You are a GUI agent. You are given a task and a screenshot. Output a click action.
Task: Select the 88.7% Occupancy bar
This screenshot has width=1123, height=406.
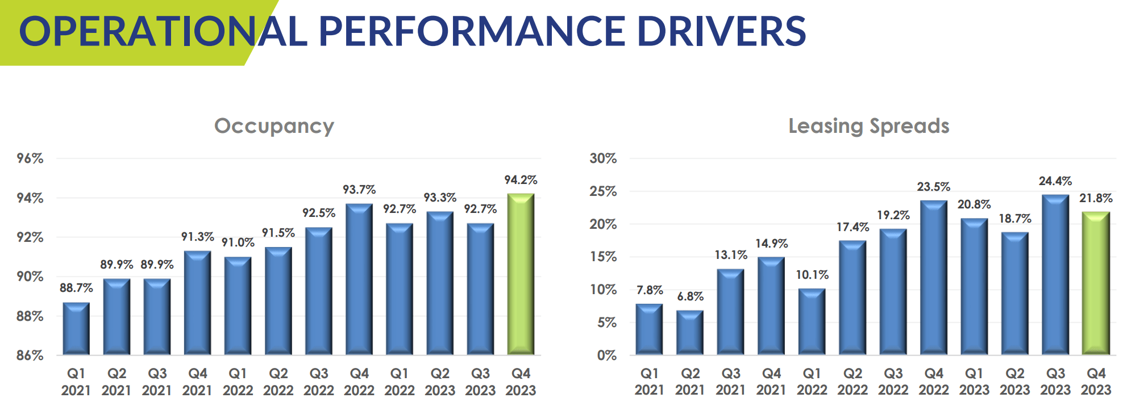click(x=76, y=329)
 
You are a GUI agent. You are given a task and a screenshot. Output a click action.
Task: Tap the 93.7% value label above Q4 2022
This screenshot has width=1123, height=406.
click(x=359, y=190)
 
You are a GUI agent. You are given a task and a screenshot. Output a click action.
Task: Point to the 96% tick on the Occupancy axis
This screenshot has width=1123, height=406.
click(x=30, y=158)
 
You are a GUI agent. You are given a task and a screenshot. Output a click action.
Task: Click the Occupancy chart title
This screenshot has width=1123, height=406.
click(x=274, y=126)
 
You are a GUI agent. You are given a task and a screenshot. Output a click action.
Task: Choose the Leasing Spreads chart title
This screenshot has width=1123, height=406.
click(x=868, y=126)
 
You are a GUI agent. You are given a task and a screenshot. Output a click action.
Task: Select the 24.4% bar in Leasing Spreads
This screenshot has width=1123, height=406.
click(x=1055, y=275)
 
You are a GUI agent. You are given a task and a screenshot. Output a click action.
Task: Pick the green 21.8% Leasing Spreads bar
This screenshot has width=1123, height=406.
click(x=1096, y=283)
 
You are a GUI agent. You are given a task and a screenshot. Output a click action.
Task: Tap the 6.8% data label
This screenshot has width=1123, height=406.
click(x=690, y=296)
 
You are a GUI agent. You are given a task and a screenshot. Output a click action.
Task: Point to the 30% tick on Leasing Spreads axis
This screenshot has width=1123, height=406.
click(x=603, y=158)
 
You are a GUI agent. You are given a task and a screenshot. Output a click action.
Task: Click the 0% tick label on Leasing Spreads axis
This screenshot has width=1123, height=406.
click(x=606, y=355)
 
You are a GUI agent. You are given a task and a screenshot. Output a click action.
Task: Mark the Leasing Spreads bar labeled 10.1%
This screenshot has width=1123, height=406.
click(x=812, y=322)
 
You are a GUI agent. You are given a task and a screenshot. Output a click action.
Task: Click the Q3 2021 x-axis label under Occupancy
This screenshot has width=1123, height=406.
click(x=157, y=382)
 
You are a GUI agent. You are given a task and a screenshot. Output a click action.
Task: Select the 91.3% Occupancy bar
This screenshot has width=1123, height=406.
click(x=197, y=303)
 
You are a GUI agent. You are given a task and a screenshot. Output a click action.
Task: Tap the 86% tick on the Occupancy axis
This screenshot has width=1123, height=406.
click(x=30, y=355)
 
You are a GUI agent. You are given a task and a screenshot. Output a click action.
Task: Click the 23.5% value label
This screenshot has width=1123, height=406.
click(x=933, y=187)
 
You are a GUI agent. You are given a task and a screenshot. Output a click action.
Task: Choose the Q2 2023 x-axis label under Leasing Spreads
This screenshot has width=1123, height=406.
click(x=1014, y=382)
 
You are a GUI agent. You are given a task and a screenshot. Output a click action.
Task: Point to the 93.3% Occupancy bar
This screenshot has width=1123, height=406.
click(x=440, y=283)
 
